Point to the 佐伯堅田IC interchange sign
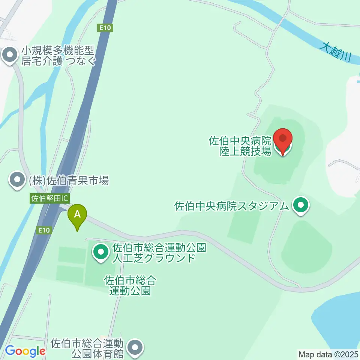[49, 198]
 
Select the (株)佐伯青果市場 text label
[69, 181]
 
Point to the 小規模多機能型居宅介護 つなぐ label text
[58, 55]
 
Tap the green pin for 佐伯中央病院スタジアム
[300, 206]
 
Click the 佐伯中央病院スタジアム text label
[232, 206]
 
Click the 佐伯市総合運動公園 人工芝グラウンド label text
[154, 253]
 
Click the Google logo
[25, 351]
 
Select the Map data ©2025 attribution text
[328, 354]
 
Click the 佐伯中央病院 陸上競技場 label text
[240, 146]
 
